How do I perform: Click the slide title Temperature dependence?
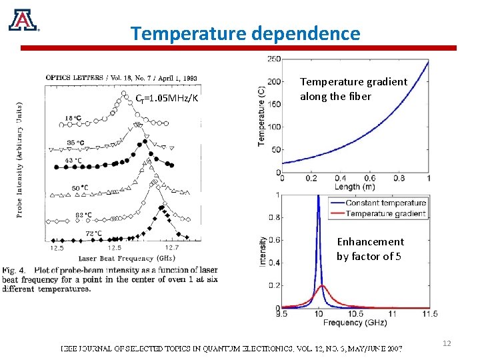pos(245,33)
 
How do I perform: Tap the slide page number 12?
pos(447,343)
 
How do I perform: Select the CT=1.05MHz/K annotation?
pos(167,99)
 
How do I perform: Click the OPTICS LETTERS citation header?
pos(121,77)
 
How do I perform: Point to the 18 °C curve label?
pos(75,118)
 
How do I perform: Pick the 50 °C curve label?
pos(79,188)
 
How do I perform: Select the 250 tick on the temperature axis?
pos(273,59)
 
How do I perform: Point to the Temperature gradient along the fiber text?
pos(353,89)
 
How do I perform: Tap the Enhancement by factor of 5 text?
pos(370,249)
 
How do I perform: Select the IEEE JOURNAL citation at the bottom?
pos(231,347)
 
